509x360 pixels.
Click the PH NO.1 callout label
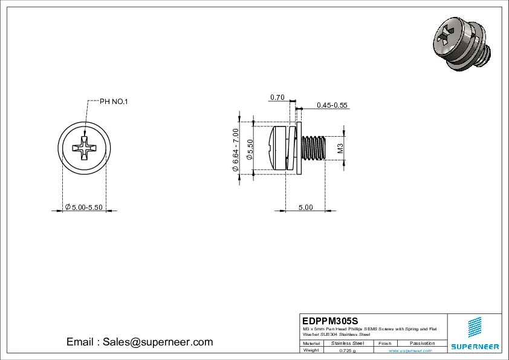click(114, 101)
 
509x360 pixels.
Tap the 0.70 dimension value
click(277, 97)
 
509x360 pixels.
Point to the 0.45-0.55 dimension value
click(332, 105)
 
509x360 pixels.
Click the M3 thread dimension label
click(340, 148)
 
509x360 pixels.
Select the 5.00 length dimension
click(305, 208)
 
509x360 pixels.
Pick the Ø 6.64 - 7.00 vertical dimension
click(236, 149)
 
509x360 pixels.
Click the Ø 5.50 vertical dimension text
click(250, 149)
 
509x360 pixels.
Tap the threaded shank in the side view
click(313, 148)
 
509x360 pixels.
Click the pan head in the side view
click(279, 148)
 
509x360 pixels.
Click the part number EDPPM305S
click(329, 320)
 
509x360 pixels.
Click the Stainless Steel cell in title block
click(348, 343)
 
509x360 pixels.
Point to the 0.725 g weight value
click(348, 350)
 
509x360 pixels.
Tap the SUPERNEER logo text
click(475, 347)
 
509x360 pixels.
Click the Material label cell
click(311, 343)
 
